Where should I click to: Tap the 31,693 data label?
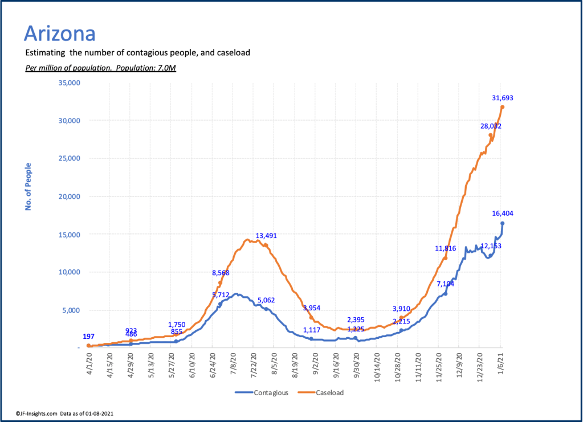click(503, 98)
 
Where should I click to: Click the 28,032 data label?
click(491, 126)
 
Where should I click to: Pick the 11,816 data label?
click(446, 248)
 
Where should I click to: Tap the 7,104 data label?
click(446, 284)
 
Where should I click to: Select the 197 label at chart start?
click(88, 337)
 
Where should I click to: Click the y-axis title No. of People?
click(28, 187)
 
